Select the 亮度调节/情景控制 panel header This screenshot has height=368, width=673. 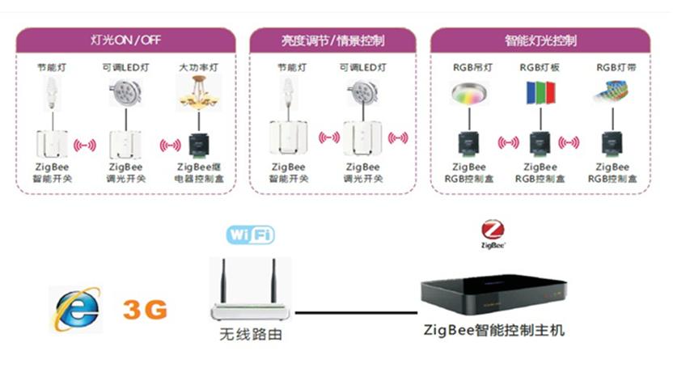(332, 40)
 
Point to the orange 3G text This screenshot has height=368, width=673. (145, 309)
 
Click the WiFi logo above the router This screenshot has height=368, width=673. (249, 235)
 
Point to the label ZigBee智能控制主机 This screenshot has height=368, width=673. (494, 331)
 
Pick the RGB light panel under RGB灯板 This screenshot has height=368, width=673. (538, 94)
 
